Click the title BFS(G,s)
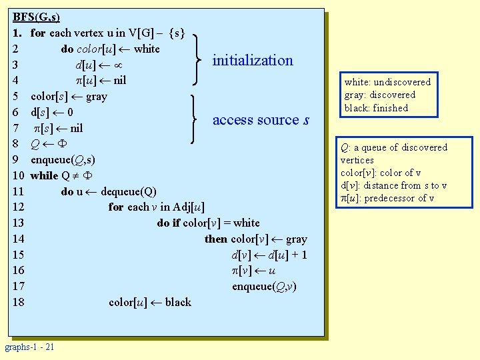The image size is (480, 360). (x=37, y=17)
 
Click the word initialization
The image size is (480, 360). (x=253, y=61)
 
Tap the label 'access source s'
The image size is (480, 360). (x=261, y=120)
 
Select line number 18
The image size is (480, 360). (x=19, y=302)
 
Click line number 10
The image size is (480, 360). (x=19, y=175)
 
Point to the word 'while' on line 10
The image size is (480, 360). (x=44, y=175)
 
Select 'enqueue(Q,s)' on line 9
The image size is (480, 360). (x=63, y=160)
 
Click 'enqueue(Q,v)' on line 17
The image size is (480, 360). (x=264, y=287)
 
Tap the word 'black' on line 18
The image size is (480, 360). (x=178, y=302)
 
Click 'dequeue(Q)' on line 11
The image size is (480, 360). (x=129, y=191)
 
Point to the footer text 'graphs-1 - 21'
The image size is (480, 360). (x=30, y=347)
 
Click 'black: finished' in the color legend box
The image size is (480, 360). (x=376, y=108)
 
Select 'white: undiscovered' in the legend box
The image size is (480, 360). (x=387, y=82)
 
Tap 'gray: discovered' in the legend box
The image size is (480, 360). (x=379, y=95)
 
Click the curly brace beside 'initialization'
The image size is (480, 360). (x=197, y=60)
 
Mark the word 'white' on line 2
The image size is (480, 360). (x=147, y=49)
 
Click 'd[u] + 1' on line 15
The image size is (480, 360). (x=287, y=255)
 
